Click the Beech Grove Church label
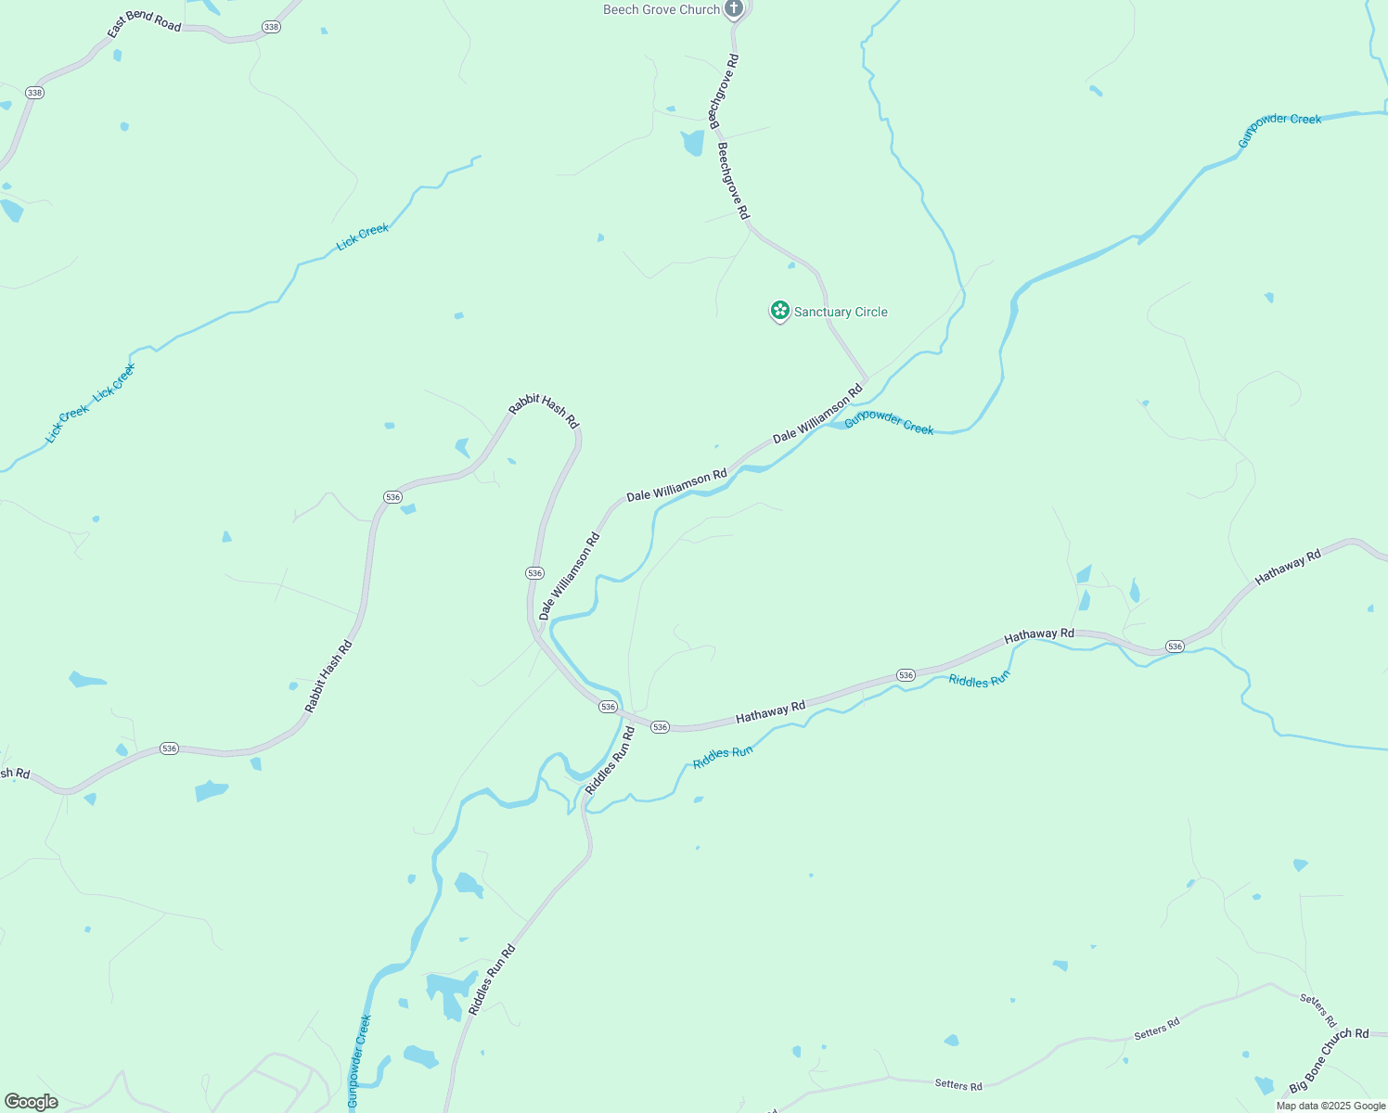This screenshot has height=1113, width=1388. point(662,10)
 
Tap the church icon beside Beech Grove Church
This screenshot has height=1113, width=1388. point(734,10)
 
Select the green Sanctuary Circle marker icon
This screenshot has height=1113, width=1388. point(780,311)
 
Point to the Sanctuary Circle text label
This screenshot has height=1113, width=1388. point(841,313)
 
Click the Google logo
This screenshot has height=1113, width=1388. point(32,1102)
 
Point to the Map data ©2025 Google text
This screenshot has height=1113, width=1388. point(1330,1106)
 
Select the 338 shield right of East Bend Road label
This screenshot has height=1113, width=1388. point(271,27)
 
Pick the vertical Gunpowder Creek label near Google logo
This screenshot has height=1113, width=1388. point(359,1060)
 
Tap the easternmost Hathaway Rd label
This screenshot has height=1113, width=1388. point(1288,568)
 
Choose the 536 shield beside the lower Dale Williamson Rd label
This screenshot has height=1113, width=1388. point(534,573)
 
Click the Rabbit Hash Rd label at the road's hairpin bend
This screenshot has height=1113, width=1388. point(544,413)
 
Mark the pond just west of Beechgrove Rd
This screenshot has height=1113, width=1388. point(693,143)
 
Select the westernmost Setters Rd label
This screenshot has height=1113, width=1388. point(958,1085)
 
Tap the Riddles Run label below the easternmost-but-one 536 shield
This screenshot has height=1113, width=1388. point(979,681)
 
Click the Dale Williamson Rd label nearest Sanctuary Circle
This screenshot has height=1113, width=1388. point(817,413)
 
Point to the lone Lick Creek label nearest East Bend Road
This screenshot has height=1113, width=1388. point(363,237)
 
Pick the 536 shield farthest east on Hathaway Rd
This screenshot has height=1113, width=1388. point(1175,646)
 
